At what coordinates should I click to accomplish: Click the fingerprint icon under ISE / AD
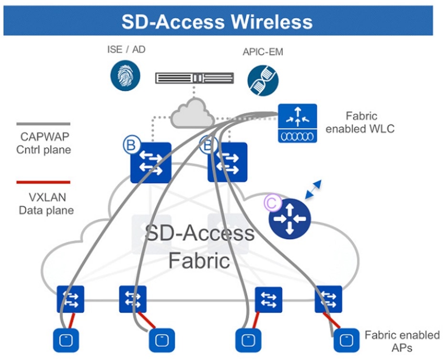[x=125, y=75]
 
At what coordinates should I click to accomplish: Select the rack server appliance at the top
[x=194, y=78]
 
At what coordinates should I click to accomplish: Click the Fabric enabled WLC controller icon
[x=297, y=123]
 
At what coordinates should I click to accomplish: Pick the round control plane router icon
[x=289, y=218]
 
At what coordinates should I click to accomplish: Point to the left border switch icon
[x=150, y=162]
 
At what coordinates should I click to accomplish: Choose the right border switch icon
[x=228, y=162]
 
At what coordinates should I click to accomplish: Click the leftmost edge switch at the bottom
[x=70, y=299]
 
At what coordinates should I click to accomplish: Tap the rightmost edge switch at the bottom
[x=328, y=299]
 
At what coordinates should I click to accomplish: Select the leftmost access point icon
[x=65, y=340]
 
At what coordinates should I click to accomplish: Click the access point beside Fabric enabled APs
[x=346, y=340]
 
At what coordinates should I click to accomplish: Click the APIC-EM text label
[x=263, y=52]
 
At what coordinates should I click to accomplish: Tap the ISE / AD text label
[x=126, y=49]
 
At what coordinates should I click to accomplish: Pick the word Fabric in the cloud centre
[x=199, y=261]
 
